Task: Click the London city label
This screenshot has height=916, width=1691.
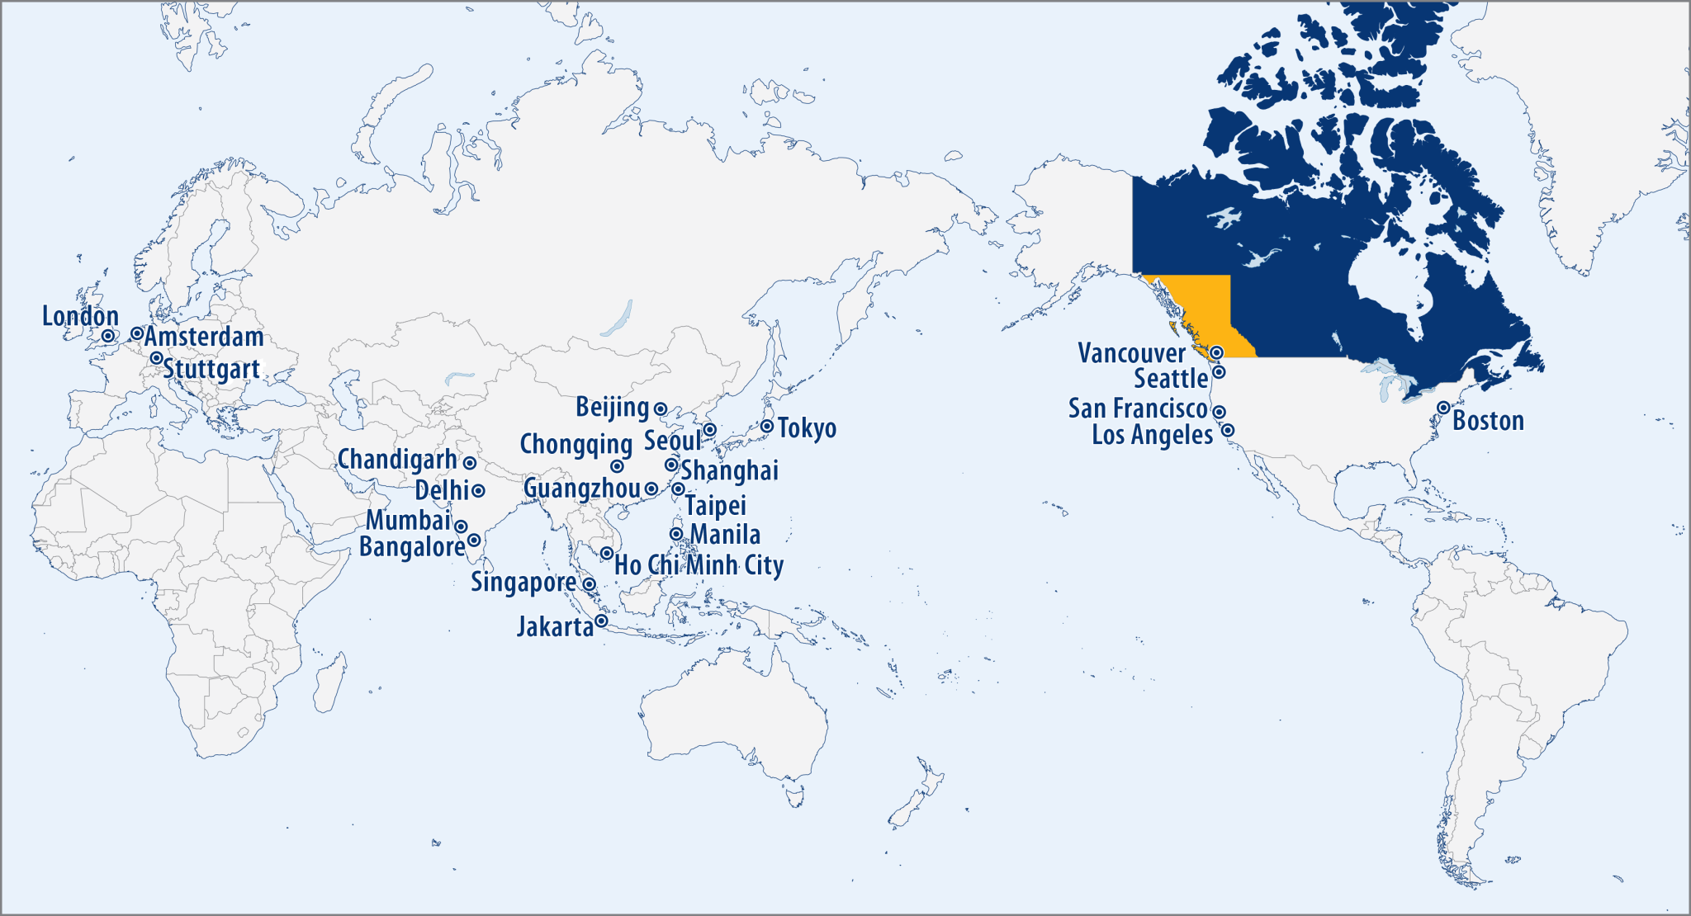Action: point(80,317)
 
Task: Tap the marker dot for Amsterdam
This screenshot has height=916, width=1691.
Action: point(137,333)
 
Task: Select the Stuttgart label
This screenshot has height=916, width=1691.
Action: point(211,369)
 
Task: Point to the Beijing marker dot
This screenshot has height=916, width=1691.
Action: point(661,408)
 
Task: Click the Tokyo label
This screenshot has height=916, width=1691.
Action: point(807,428)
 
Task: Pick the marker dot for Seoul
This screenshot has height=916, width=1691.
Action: point(709,430)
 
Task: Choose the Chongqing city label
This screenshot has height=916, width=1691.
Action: point(576,444)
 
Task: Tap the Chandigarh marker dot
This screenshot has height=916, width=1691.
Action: point(469,463)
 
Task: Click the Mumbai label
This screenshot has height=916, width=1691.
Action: point(408,521)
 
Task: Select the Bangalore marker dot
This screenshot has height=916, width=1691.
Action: point(474,540)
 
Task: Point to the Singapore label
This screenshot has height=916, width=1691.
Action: point(523,583)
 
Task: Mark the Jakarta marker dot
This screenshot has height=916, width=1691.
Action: point(601,621)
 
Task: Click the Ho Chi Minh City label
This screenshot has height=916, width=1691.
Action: point(699,565)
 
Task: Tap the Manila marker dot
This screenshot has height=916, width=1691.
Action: point(676,534)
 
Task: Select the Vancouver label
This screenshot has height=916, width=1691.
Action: point(1131,354)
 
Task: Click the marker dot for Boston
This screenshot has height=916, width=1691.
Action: point(1443,408)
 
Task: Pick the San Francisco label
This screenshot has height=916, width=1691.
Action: point(1138,408)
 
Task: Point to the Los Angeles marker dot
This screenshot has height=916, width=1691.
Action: point(1228,430)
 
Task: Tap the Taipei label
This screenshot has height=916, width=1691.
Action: point(715,506)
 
